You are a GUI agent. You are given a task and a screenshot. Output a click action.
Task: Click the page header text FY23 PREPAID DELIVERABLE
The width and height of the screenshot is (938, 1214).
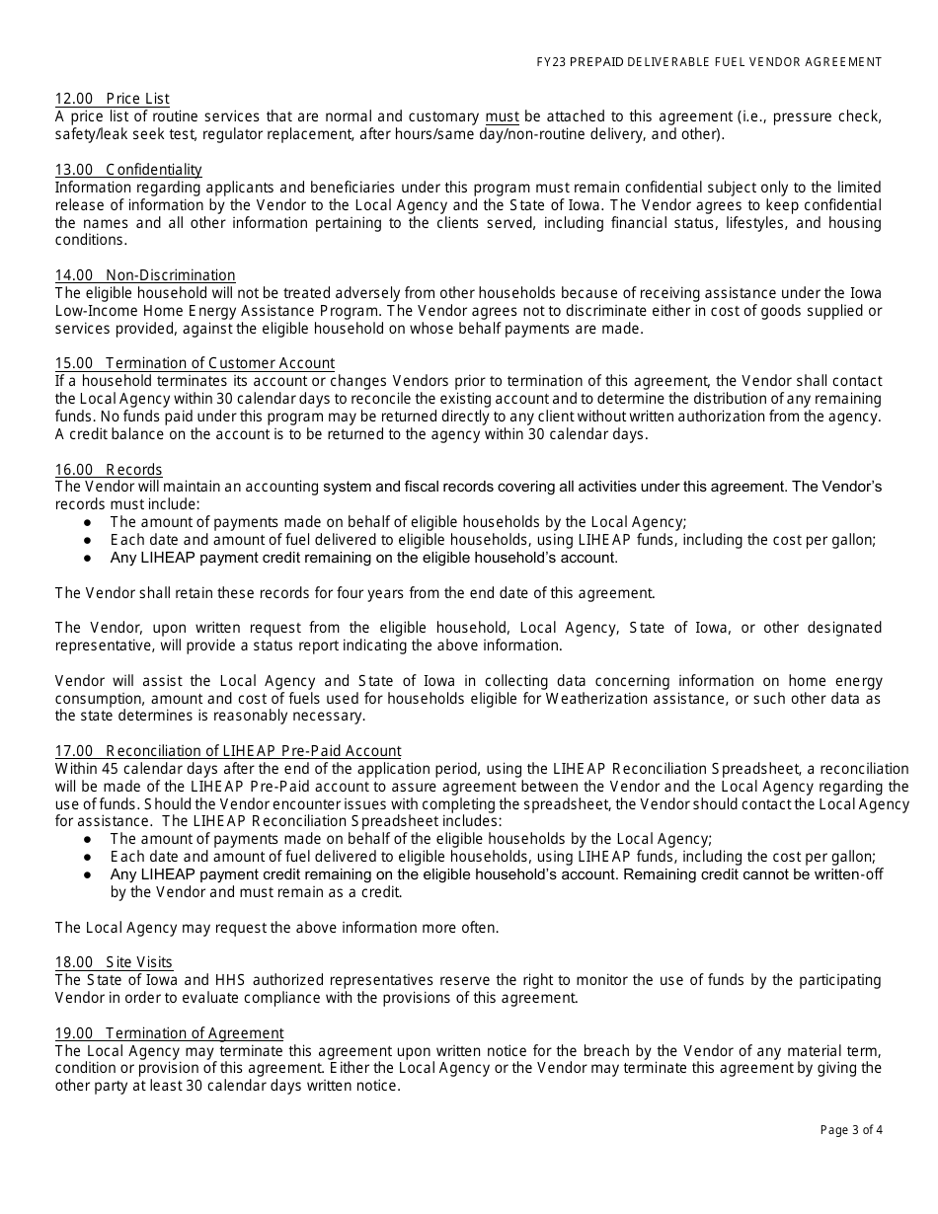(x=702, y=62)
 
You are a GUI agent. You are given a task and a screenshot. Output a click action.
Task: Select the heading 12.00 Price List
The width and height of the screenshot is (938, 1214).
(x=112, y=99)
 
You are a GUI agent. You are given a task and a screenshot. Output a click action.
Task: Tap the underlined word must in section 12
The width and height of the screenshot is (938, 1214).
(x=502, y=116)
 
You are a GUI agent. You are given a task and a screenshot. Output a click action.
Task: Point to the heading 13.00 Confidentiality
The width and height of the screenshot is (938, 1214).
(x=128, y=170)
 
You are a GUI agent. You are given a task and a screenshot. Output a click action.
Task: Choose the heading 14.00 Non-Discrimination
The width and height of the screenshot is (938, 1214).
(x=145, y=275)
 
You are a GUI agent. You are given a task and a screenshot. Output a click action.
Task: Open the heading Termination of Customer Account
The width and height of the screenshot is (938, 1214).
(x=195, y=363)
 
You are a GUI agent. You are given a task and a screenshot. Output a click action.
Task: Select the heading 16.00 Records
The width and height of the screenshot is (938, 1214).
(x=109, y=470)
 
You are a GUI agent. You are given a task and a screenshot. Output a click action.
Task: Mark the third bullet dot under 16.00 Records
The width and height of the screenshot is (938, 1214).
(x=88, y=558)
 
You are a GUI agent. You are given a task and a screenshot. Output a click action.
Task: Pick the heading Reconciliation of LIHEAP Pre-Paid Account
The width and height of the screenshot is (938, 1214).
(x=228, y=751)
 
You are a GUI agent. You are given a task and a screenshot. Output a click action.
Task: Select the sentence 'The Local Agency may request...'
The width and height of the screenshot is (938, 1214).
(x=277, y=928)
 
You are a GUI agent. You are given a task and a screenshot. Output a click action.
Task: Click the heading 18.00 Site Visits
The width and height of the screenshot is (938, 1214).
(x=114, y=962)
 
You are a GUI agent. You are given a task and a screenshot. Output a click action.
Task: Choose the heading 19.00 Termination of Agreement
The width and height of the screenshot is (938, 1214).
(x=169, y=1033)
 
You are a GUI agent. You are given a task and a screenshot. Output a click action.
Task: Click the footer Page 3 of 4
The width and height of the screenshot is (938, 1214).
(x=851, y=1130)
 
